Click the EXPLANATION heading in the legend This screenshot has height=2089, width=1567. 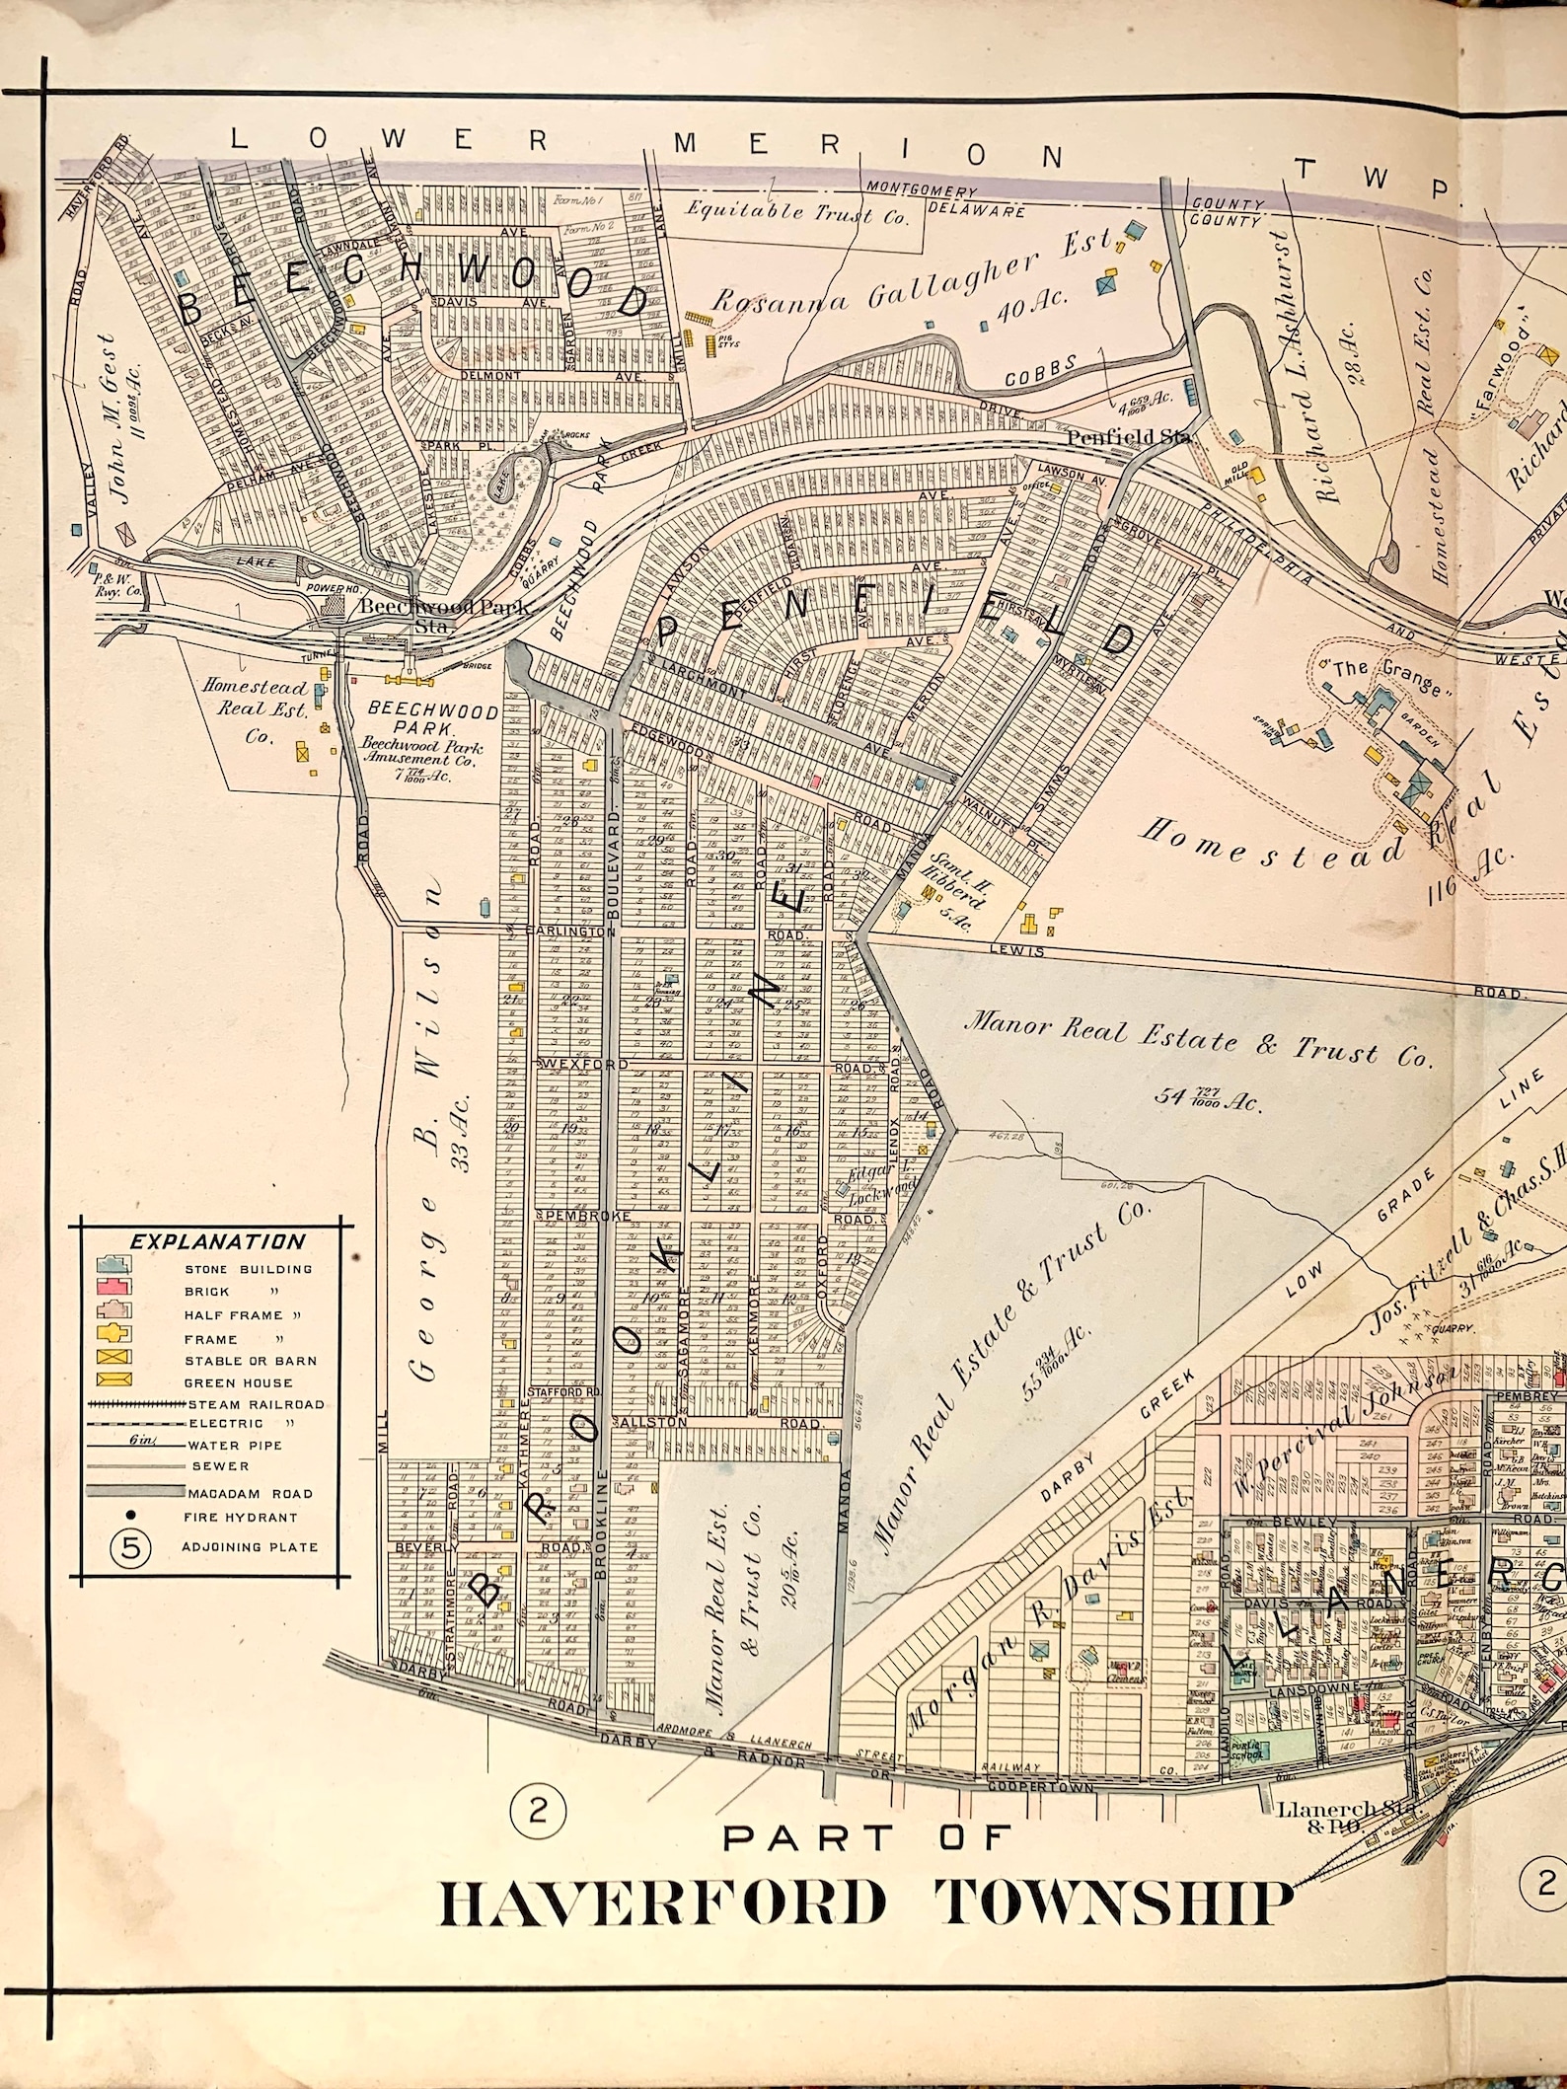point(217,1242)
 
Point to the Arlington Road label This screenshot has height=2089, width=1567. point(567,930)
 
